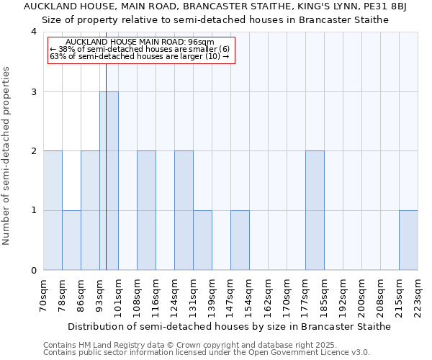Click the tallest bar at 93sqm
(109, 181)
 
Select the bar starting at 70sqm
(53, 210)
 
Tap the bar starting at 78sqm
(71, 240)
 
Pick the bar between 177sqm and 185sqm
(315, 210)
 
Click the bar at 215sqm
(408, 240)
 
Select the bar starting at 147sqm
(240, 240)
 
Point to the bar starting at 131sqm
(202, 240)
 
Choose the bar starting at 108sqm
(146, 210)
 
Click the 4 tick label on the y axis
(34, 32)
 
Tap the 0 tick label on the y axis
(34, 271)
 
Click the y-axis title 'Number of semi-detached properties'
(7, 156)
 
